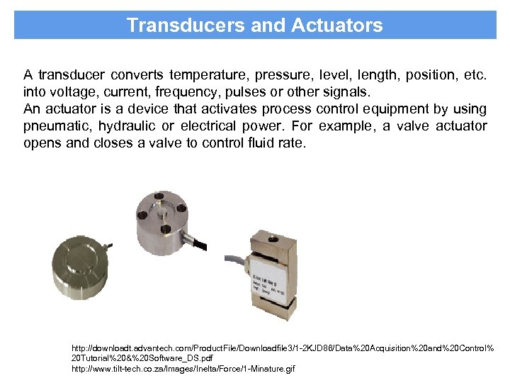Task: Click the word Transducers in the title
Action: click(x=171, y=26)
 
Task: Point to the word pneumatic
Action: click(x=56, y=126)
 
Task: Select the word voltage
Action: click(x=69, y=91)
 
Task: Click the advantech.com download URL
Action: click(x=282, y=350)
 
